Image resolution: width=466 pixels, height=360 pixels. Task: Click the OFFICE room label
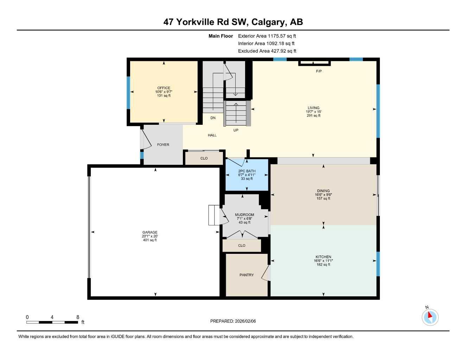164,88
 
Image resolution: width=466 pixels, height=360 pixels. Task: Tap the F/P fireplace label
319,71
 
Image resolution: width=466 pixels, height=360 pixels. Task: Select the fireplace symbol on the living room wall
314,63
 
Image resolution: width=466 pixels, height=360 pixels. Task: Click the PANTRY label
247,275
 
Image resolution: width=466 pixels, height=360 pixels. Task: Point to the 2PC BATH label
247,171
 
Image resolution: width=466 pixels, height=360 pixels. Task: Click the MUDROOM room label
244,215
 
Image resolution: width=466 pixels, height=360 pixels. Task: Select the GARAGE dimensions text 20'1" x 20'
150,236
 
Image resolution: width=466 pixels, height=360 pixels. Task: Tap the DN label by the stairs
213,118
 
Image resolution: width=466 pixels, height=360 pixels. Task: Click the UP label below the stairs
236,130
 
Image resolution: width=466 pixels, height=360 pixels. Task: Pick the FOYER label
163,144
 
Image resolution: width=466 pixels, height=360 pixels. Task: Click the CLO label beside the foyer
204,158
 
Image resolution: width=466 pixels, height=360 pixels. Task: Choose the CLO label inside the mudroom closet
242,245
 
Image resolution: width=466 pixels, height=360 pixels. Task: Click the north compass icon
430,317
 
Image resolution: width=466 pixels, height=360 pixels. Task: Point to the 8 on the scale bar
78,317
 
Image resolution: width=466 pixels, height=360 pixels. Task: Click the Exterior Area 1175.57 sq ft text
267,36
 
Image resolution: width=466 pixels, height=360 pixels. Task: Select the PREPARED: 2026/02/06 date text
233,321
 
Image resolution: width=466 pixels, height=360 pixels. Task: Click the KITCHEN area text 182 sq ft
323,265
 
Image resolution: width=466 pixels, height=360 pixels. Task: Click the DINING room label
323,191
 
